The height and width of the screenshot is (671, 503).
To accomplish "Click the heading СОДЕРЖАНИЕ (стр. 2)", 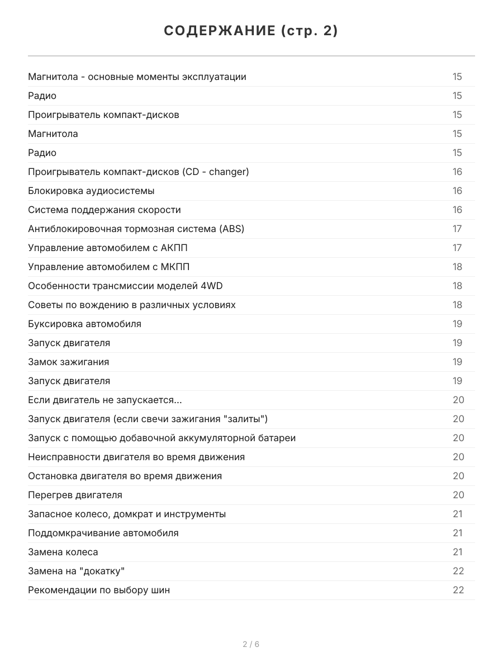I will tap(251, 31).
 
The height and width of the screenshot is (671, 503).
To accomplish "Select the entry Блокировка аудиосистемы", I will tap(91, 191).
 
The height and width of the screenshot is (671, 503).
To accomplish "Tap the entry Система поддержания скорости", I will tap(105, 210).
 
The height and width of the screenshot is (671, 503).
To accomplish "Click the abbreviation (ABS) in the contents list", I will tap(232, 229).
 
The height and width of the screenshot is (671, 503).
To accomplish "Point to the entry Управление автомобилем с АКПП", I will tap(108, 248).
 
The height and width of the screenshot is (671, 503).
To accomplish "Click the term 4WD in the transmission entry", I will tap(211, 286).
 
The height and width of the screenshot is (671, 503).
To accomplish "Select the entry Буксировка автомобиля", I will tap(84, 324).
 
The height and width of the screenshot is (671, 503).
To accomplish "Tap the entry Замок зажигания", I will tap(68, 362).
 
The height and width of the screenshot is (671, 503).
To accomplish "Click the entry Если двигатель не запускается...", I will tap(105, 400).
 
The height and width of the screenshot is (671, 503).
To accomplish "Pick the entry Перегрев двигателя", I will tap(75, 495).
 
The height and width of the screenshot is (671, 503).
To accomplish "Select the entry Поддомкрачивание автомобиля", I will tap(103, 533).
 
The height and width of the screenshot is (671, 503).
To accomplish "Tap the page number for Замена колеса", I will tap(458, 552).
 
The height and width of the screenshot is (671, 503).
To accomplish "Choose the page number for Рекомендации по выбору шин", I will tap(458, 590).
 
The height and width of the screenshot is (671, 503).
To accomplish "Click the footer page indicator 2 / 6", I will tap(251, 644).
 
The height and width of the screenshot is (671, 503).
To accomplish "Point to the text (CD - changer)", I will tap(216, 172).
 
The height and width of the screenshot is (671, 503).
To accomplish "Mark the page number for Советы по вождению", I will tap(458, 305).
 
